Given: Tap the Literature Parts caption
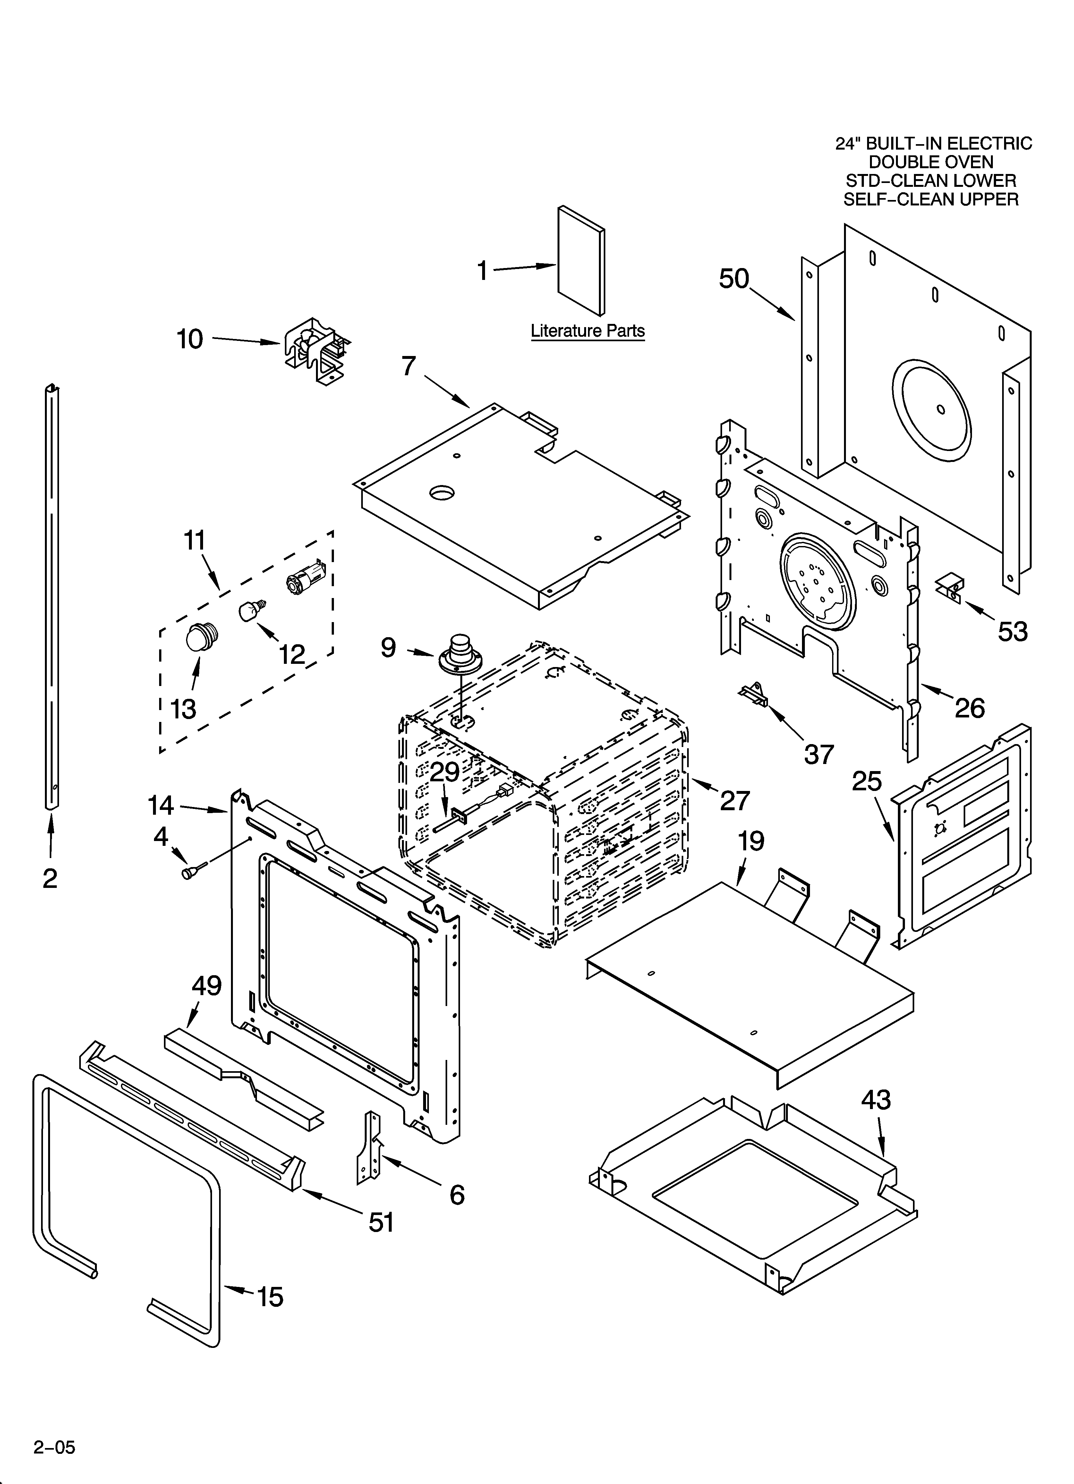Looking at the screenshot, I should pyautogui.click(x=587, y=331).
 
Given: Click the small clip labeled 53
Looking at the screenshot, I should pyautogui.click(x=952, y=587).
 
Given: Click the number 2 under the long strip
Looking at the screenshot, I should pyautogui.click(x=50, y=879).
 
